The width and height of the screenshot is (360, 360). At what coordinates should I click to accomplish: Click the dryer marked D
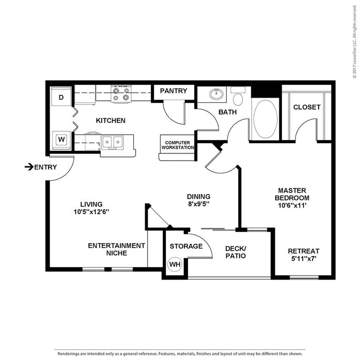(x=61, y=96)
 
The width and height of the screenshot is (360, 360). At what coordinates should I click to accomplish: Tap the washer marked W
(x=61, y=140)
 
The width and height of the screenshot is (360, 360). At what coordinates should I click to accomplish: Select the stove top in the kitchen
(x=121, y=94)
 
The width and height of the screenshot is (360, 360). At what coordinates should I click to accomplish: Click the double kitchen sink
(x=113, y=143)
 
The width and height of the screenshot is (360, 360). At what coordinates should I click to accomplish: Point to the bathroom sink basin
(x=216, y=94)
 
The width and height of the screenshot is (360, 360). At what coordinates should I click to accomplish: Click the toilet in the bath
(x=238, y=97)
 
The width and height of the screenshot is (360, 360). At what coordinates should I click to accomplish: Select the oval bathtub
(x=265, y=119)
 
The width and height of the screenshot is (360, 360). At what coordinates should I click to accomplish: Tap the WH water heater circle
(x=175, y=264)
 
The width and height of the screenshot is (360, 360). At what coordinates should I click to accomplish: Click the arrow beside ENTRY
(x=29, y=167)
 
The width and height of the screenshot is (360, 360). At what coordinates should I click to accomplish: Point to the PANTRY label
(x=174, y=91)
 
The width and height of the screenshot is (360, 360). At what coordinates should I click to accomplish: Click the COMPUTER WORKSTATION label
(x=178, y=145)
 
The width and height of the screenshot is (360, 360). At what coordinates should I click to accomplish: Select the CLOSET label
(x=307, y=107)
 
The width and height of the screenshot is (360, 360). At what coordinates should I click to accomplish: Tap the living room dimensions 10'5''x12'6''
(x=91, y=212)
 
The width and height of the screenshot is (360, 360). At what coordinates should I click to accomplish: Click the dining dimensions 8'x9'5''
(x=199, y=204)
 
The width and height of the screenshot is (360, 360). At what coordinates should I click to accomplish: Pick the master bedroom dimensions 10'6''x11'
(x=292, y=205)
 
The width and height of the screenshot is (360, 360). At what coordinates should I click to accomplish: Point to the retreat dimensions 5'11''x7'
(x=304, y=259)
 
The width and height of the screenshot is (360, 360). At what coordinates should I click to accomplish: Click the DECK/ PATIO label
(x=236, y=253)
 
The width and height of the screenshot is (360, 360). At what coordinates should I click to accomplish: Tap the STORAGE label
(x=186, y=246)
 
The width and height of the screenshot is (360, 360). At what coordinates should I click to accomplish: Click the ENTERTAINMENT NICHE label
(x=117, y=249)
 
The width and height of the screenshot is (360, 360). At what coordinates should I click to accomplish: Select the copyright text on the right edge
(x=355, y=41)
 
